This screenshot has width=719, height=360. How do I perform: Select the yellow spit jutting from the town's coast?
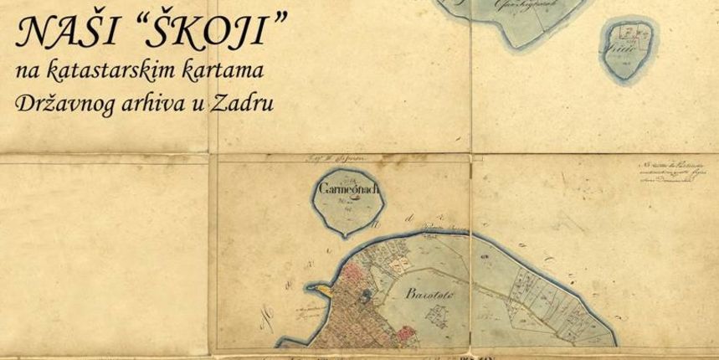320,287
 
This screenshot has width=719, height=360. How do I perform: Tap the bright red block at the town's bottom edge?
406,336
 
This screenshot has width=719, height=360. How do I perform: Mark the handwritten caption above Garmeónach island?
347,157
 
